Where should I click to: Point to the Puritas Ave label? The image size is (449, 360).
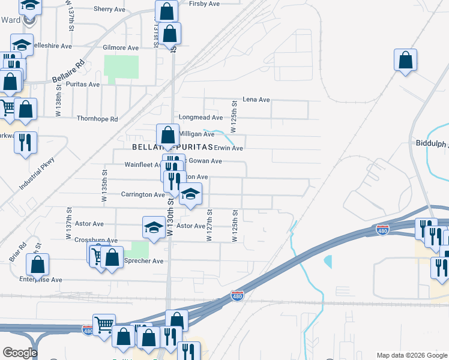pyautogui.click(x=85, y=85)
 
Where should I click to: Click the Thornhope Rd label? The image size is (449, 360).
pyautogui.click(x=97, y=119)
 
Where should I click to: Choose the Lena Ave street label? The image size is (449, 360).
pyautogui.click(x=256, y=100)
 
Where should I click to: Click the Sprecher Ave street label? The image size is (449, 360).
pyautogui.click(x=143, y=261)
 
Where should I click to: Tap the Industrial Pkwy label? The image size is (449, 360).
pyautogui.click(x=37, y=174)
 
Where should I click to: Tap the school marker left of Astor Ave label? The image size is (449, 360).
pyautogui.click(x=153, y=227)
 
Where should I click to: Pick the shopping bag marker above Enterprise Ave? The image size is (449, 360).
pyautogui.click(x=38, y=264)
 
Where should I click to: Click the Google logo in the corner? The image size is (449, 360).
pyautogui.click(x=19, y=353)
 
